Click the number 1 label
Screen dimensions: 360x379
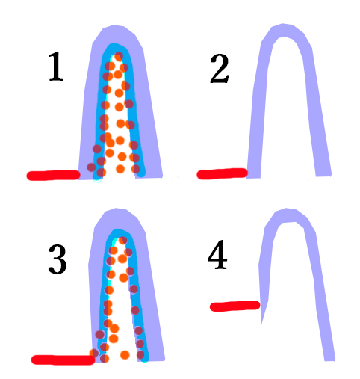click(55, 66)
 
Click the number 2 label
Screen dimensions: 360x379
click(220, 69)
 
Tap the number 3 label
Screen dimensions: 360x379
click(58, 259)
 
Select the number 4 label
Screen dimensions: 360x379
click(217, 255)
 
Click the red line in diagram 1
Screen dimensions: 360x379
click(53, 175)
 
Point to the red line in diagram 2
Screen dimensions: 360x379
click(222, 173)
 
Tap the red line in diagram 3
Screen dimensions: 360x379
click(63, 360)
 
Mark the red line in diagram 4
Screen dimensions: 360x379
click(235, 306)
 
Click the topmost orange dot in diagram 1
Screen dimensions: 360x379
click(119, 56)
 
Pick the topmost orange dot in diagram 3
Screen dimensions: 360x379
click(122, 240)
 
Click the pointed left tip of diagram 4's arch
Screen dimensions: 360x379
click(261, 324)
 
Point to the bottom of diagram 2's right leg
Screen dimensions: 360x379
click(323, 176)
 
